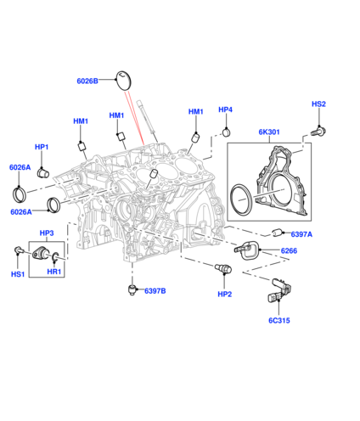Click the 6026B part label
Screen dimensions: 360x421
pyautogui.click(x=87, y=81)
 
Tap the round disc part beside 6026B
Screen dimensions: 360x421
pyautogui.click(x=124, y=81)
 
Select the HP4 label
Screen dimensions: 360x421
pyautogui.click(x=225, y=109)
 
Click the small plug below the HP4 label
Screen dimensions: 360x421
pyautogui.click(x=226, y=132)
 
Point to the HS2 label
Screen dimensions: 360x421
pyautogui.click(x=318, y=104)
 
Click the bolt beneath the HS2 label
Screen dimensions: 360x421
pyautogui.click(x=318, y=131)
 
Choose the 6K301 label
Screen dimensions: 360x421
pyautogui.click(x=269, y=132)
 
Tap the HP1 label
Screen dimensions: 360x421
pyautogui.click(x=42, y=147)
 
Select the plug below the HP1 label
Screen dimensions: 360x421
pyautogui.click(x=43, y=172)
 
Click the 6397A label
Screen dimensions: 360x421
pyautogui.click(x=301, y=234)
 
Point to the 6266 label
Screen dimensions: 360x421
pyautogui.click(x=289, y=250)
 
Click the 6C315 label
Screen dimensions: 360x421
pyautogui.click(x=279, y=320)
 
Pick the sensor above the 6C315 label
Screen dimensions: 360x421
pyautogui.click(x=278, y=290)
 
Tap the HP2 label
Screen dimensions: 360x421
pyautogui.click(x=225, y=295)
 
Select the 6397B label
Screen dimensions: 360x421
pyautogui.click(x=155, y=291)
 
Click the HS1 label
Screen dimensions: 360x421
pyautogui.click(x=18, y=274)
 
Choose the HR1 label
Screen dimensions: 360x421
pyautogui.click(x=54, y=272)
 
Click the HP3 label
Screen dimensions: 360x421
pyautogui.click(x=47, y=233)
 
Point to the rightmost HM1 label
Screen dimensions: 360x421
pyautogui.click(x=196, y=111)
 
